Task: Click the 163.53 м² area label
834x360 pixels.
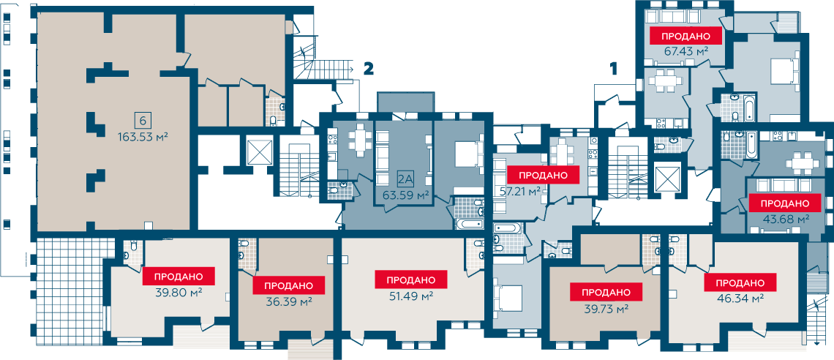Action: click(x=143, y=137)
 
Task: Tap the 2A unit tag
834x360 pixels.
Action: click(x=406, y=179)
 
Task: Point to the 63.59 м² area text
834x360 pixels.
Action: click(x=406, y=195)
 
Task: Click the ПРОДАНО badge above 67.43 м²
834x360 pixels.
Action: click(x=686, y=36)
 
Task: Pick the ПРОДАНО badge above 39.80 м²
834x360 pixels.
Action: click(x=179, y=277)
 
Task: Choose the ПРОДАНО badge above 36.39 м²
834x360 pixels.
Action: click(x=288, y=285)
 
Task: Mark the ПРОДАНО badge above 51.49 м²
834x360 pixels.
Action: click(x=411, y=280)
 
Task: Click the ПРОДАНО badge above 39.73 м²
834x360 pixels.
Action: click(x=606, y=292)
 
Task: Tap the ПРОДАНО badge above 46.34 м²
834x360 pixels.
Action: click(x=740, y=282)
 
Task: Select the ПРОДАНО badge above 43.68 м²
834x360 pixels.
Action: click(x=785, y=203)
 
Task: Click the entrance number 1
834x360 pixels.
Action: click(x=614, y=68)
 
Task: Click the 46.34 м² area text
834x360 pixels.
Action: click(x=740, y=298)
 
